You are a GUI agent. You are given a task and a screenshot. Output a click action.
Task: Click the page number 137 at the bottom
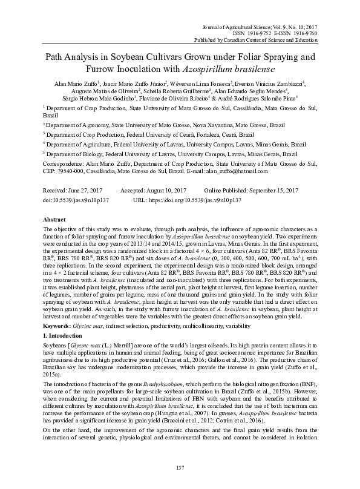[x=180, y=468]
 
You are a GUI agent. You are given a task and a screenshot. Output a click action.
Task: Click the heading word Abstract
[x=55, y=218]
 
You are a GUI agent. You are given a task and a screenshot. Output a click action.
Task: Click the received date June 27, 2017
[x=87, y=190]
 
